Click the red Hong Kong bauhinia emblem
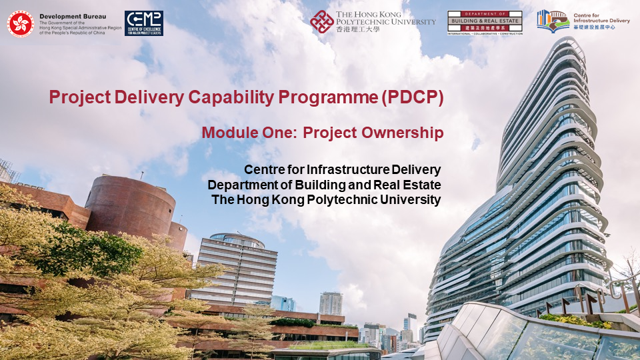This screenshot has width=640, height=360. click(20, 24)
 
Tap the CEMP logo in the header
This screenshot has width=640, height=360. click(143, 23)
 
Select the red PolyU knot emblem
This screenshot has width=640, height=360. click(322, 22)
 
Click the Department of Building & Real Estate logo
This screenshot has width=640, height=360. click(485, 22)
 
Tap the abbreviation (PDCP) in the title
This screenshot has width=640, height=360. click(412, 97)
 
